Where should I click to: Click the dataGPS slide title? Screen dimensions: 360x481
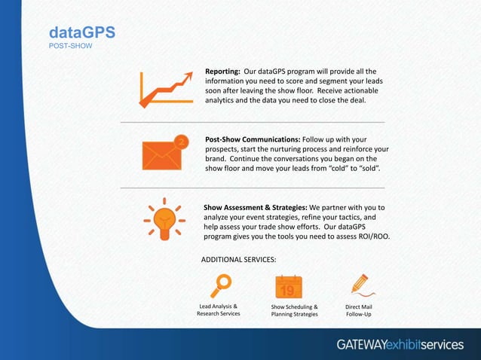[x=81, y=32]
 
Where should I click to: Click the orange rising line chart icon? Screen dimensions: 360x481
[x=164, y=90]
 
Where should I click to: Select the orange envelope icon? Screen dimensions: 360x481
[x=162, y=154]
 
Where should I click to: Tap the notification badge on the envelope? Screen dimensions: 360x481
[x=181, y=141]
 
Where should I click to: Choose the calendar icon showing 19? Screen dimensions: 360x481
[x=288, y=287]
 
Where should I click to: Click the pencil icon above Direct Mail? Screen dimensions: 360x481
[x=360, y=285]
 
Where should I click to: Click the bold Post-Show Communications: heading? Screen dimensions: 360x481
[x=253, y=139]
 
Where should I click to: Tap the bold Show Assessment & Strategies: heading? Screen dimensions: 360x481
[x=255, y=207]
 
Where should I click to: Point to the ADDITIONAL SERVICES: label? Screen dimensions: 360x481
[x=238, y=259]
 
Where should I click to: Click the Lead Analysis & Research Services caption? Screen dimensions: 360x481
[x=219, y=310]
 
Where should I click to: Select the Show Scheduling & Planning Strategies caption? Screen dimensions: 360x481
[x=294, y=310]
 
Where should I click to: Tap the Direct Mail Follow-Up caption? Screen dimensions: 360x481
[x=359, y=310]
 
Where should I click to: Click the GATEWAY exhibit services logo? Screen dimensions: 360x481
[x=400, y=344]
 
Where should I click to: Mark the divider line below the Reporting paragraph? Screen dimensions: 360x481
[x=253, y=122]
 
